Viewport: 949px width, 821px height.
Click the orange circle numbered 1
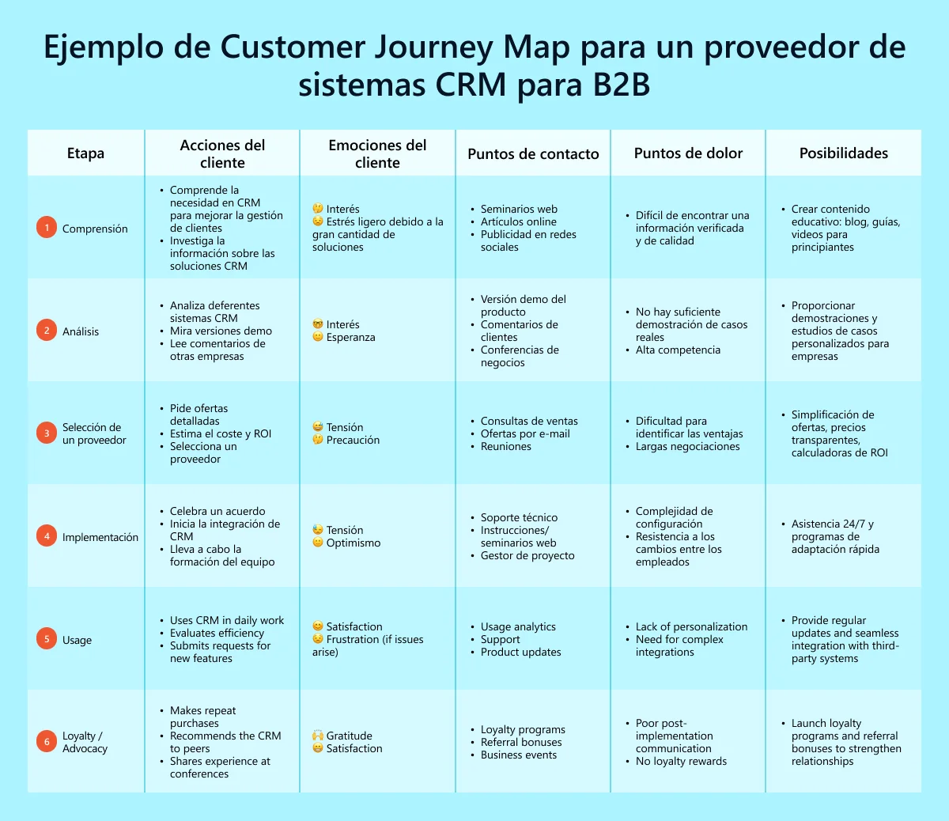point(47,228)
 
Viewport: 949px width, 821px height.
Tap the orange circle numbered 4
point(47,536)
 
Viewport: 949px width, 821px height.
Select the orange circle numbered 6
point(47,742)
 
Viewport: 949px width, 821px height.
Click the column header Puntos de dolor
point(688,153)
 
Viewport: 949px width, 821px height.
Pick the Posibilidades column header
point(843,153)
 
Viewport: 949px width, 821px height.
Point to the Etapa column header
point(85,153)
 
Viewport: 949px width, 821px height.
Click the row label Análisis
point(81,331)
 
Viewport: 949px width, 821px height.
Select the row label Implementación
point(100,537)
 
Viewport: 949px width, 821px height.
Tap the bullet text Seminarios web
point(519,209)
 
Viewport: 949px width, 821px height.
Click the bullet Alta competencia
point(678,350)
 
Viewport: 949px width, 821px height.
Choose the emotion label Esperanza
point(350,337)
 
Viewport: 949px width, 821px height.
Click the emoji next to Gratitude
point(318,736)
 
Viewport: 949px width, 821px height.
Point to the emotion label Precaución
point(353,440)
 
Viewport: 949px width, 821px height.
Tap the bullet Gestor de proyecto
point(527,555)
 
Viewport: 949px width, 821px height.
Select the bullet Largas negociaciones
point(687,446)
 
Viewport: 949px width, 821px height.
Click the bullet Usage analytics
point(518,626)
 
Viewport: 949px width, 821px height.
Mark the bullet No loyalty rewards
point(681,761)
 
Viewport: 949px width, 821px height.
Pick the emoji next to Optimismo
point(318,543)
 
